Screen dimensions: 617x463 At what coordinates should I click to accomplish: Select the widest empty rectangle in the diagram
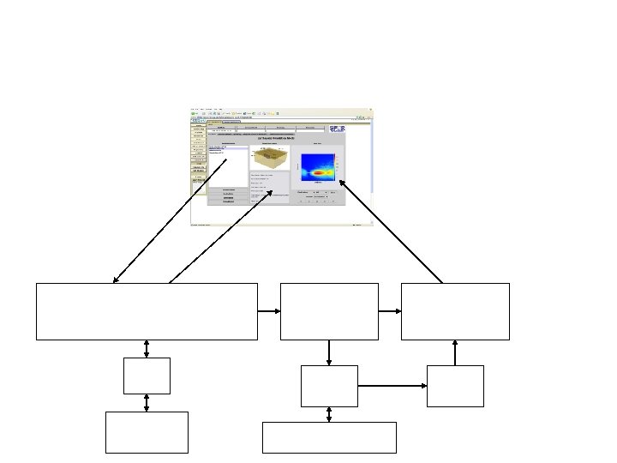coord(147,311)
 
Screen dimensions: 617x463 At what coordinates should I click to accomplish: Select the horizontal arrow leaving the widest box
coord(268,311)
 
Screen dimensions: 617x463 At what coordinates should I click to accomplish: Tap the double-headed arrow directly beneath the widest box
coord(147,348)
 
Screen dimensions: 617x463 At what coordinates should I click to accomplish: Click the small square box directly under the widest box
coord(147,376)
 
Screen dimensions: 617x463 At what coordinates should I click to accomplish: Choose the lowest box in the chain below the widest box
coord(147,432)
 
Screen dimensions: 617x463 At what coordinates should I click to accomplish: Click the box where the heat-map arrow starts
coord(455,311)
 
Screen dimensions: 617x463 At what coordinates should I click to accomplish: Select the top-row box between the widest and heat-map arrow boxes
coord(329,311)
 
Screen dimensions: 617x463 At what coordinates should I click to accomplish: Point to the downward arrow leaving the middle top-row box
coord(329,352)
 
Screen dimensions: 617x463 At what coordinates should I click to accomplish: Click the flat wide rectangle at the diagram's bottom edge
coord(329,437)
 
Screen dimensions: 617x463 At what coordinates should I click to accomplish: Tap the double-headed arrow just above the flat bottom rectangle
coord(329,414)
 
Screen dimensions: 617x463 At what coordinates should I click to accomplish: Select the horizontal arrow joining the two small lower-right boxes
coord(392,386)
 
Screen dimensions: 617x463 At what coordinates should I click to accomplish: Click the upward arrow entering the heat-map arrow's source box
coord(455,352)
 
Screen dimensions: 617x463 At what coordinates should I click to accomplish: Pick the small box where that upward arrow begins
coord(455,386)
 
